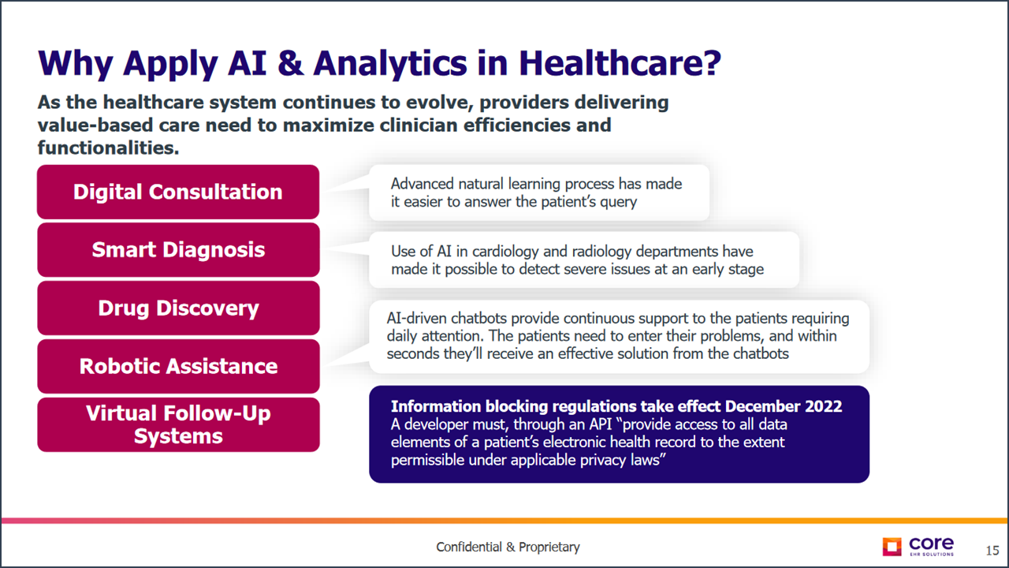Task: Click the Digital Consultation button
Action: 178,192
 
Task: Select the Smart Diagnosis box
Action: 178,250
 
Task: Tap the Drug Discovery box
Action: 178,308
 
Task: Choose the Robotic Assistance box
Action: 178,366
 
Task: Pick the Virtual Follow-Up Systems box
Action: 178,424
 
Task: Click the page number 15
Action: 992,551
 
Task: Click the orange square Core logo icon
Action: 892,547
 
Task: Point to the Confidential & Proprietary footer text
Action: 508,547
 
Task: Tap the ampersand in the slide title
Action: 291,63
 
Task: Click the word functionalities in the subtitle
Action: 108,148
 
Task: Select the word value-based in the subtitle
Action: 95,125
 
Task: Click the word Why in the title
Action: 75,64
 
